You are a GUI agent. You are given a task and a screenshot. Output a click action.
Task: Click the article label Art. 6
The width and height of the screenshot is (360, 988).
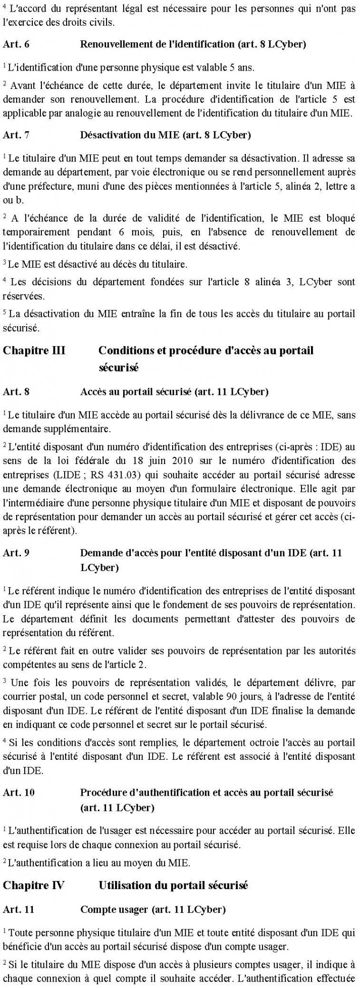click(x=16, y=44)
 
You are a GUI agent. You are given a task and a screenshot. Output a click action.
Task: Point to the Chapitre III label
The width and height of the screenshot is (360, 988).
click(x=34, y=350)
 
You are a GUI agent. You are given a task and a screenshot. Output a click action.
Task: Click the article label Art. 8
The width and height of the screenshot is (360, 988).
click(x=16, y=391)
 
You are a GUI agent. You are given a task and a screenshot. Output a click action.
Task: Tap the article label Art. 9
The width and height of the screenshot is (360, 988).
click(x=16, y=553)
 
